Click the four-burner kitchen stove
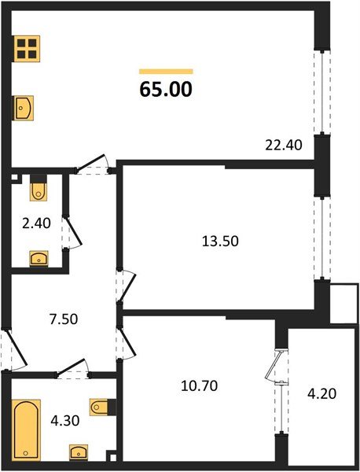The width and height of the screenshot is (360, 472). pyautogui.click(x=27, y=50)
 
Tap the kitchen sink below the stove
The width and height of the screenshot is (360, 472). pyautogui.click(x=24, y=107)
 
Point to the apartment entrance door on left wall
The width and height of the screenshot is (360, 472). pyautogui.click(x=8, y=350)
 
